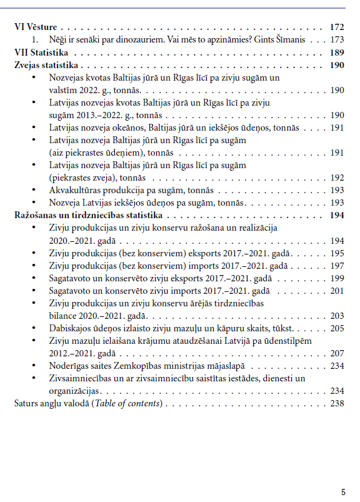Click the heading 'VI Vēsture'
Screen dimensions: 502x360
(36, 28)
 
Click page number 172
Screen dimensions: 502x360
(337, 28)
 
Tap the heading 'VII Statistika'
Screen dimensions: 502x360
(41, 53)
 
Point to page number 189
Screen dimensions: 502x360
(337, 53)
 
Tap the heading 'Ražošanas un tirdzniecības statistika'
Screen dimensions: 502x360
(85, 215)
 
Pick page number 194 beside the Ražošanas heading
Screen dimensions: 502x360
(337, 215)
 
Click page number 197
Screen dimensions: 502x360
(337, 265)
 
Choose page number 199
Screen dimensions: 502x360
(337, 278)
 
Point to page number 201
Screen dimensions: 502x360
(337, 290)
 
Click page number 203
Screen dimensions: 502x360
(337, 315)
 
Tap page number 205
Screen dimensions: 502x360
(337, 328)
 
